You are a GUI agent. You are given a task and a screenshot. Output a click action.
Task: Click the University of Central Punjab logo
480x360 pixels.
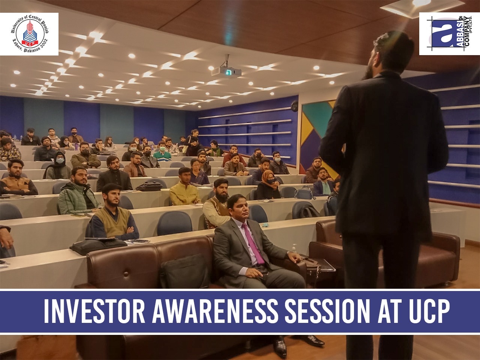pyautogui.click(x=29, y=34)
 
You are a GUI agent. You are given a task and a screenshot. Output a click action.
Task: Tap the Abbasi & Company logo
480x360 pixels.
pyautogui.click(x=449, y=34)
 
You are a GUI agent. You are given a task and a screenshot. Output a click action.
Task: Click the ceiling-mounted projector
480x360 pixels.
pyautogui.click(x=226, y=70)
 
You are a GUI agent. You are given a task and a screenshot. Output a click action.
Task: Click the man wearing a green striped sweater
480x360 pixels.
pyautogui.click(x=162, y=151)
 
